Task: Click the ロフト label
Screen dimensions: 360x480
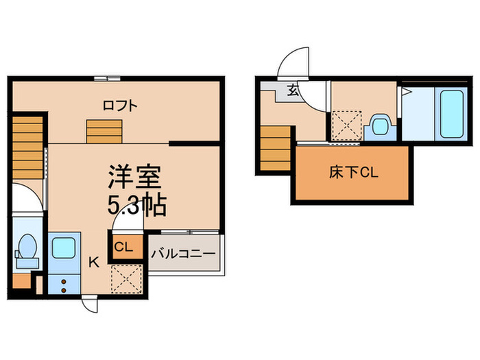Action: tap(120, 106)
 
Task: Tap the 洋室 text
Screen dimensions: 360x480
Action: tap(134, 176)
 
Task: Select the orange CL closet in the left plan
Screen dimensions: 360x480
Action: tap(125, 246)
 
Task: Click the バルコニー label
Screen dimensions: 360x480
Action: tap(183, 253)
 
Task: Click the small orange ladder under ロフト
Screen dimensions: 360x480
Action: tap(103, 130)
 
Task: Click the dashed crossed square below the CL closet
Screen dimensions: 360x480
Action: tap(125, 278)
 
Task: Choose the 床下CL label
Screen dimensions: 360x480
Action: tap(353, 172)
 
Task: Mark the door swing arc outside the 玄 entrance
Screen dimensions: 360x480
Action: tap(293, 64)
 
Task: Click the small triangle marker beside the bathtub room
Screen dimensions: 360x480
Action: tap(406, 91)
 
